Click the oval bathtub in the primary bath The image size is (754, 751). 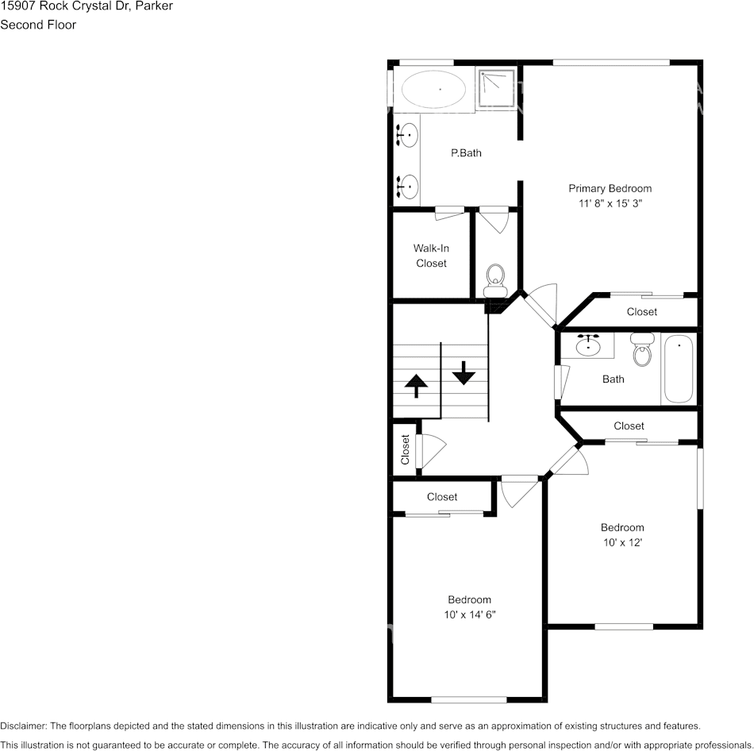click(x=433, y=89)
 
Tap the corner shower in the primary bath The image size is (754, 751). click(x=497, y=87)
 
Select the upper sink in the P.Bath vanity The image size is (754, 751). click(x=408, y=136)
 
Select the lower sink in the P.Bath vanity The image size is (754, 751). click(x=408, y=186)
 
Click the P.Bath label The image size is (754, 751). click(x=466, y=153)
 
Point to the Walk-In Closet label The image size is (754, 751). click(x=431, y=256)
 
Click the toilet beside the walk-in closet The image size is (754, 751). click(x=495, y=279)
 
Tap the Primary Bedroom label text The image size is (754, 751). click(x=610, y=188)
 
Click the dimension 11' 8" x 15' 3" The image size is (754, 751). click(x=610, y=204)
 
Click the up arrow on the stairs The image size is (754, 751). click(x=416, y=385)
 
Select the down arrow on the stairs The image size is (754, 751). click(x=463, y=371)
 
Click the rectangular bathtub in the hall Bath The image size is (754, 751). click(x=679, y=369)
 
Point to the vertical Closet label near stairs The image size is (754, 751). click(x=405, y=449)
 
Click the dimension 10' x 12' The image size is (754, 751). click(x=621, y=543)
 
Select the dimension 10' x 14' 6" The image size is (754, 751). click(x=469, y=615)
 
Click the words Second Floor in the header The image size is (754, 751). click(x=38, y=25)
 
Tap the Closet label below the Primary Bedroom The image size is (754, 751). click(x=641, y=312)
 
